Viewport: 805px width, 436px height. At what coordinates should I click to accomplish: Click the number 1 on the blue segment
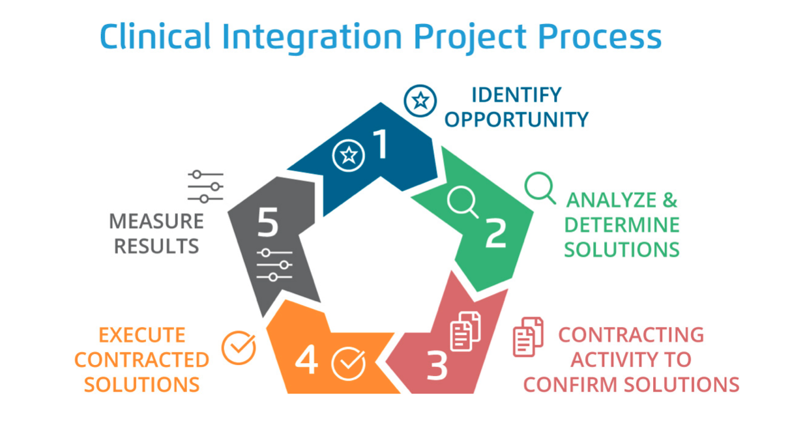(379, 145)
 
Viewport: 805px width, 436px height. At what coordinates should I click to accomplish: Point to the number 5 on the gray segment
(267, 223)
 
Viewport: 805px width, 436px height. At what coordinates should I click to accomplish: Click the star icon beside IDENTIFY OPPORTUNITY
(420, 100)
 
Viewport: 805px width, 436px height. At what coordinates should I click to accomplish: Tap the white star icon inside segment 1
(349, 155)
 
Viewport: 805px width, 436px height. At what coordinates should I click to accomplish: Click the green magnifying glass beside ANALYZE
(540, 188)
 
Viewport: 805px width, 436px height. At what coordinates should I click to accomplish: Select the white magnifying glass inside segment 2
(462, 201)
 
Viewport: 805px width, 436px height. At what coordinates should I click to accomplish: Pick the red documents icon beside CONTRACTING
(528, 336)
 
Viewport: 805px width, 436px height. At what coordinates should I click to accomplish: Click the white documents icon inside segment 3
(465, 330)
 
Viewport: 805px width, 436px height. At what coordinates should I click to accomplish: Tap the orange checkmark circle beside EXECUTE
(239, 347)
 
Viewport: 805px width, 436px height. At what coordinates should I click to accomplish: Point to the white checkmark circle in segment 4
(347, 363)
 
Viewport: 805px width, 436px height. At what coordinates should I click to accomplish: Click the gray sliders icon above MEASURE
(206, 186)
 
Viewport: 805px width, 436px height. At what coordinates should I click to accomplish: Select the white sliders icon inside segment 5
(274, 265)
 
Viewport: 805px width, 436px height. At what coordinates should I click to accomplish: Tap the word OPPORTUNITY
(516, 119)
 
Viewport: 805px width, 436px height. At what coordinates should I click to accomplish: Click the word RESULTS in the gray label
(154, 246)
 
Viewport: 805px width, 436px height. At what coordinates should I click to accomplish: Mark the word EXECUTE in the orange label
(141, 335)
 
